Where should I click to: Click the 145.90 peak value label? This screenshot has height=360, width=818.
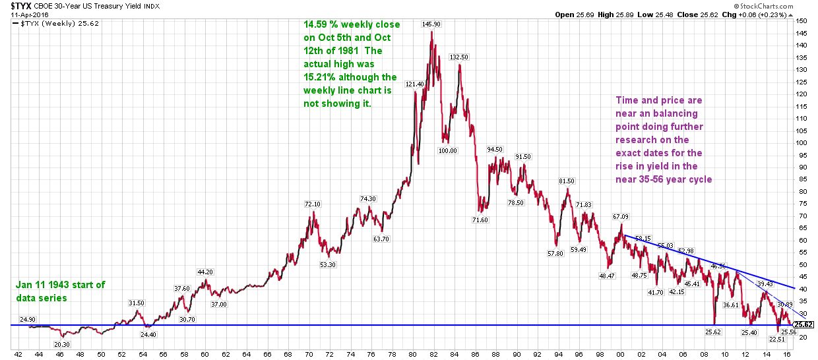[x=431, y=24]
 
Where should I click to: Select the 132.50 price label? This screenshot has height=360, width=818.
[x=458, y=57]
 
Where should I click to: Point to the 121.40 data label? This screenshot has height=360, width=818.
[x=415, y=84]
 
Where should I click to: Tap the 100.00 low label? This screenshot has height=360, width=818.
[x=447, y=150]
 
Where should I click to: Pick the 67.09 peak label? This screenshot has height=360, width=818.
[x=621, y=216]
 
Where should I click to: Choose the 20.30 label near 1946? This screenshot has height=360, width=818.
[x=61, y=344]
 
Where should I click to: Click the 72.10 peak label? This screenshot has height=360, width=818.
[x=313, y=204]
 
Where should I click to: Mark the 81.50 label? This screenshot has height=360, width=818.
[x=567, y=181]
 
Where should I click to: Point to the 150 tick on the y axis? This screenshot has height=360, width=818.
[x=801, y=20]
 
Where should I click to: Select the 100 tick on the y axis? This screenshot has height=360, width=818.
[x=801, y=142]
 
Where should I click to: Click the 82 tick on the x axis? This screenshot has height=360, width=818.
[x=433, y=353]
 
